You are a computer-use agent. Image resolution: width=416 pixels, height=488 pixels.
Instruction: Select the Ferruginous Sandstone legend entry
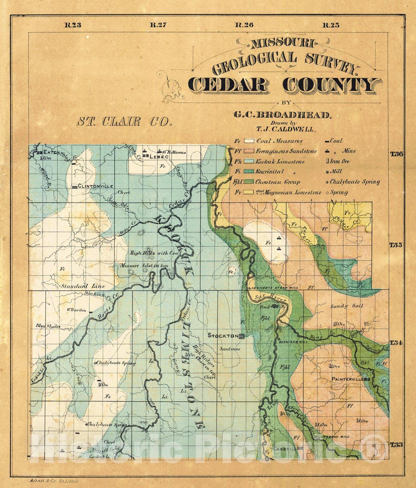click(x=286, y=151)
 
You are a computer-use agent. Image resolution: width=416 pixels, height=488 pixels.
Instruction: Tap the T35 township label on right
click(x=396, y=245)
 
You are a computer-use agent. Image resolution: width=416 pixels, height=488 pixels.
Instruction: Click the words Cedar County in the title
click(x=282, y=85)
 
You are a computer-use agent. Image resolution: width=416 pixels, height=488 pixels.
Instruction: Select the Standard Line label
click(x=83, y=286)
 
